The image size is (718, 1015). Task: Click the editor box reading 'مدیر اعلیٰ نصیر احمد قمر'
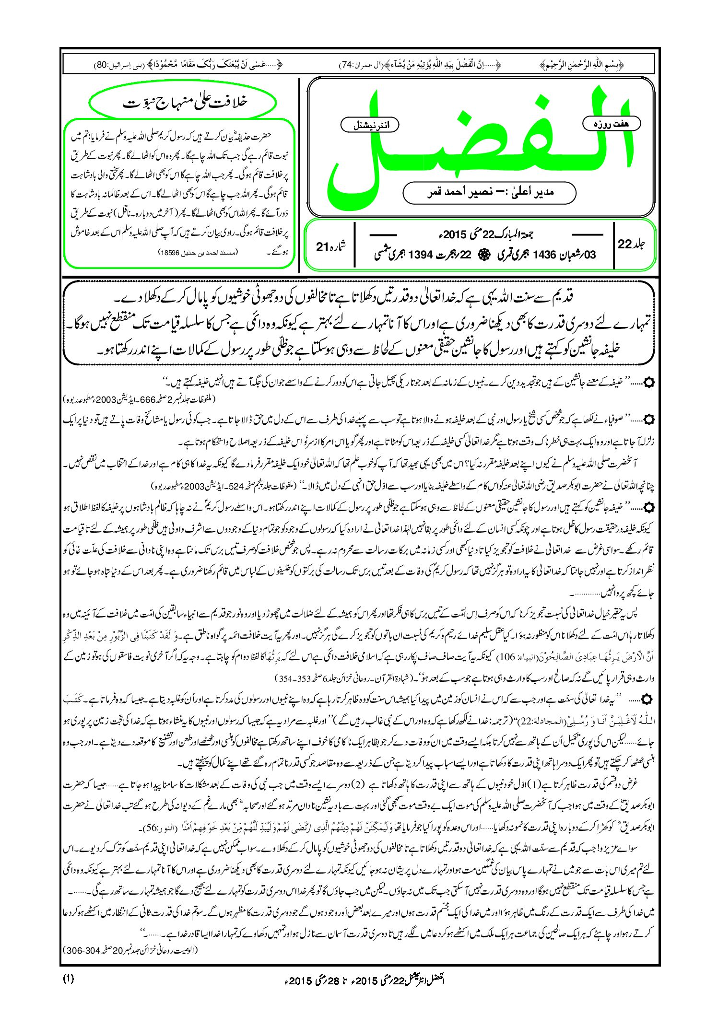click(x=489, y=192)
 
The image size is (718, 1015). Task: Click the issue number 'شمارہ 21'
click(x=331, y=246)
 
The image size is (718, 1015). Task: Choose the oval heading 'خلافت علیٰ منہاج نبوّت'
click(x=183, y=102)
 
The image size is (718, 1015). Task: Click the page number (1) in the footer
click(x=68, y=979)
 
